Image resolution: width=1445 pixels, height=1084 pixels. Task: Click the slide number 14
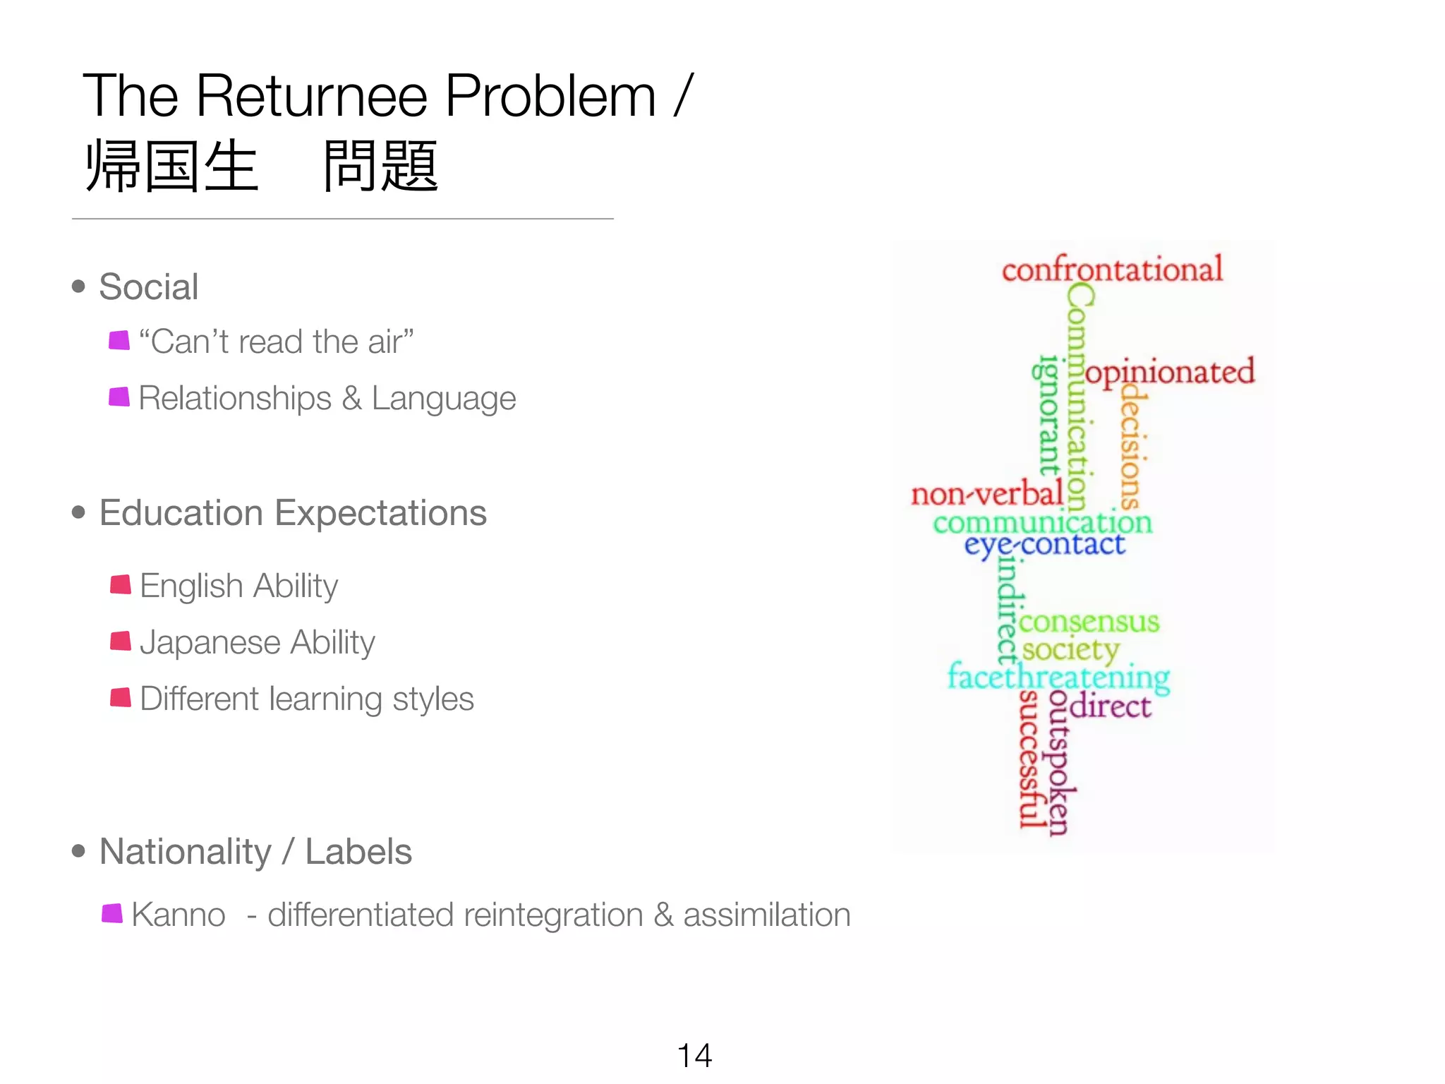(x=694, y=1056)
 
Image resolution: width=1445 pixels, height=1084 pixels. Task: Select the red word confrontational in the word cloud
(x=1112, y=269)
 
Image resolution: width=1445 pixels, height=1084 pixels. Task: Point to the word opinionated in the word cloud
(x=1170, y=372)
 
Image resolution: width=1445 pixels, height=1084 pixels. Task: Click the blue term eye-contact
(x=1044, y=545)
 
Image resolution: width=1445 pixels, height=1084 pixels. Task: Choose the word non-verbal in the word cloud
(x=986, y=493)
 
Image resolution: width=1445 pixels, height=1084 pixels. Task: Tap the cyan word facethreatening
(x=1058, y=677)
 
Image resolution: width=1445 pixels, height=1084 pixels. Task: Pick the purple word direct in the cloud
(x=1110, y=706)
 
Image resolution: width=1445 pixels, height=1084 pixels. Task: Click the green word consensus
(x=1089, y=622)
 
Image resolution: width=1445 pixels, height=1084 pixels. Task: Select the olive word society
(x=1070, y=650)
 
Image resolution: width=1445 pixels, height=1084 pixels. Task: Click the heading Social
(x=148, y=287)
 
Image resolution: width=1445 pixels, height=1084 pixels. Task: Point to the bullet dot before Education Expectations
(x=78, y=512)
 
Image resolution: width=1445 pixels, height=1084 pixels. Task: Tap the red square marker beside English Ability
(x=121, y=584)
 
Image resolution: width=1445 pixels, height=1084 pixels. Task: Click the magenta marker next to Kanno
(x=112, y=913)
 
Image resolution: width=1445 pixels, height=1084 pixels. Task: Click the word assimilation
(x=766, y=915)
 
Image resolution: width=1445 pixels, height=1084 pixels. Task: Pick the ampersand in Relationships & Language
(x=351, y=398)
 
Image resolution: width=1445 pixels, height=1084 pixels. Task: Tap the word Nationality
(x=185, y=851)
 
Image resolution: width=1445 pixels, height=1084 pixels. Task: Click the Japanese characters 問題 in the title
(x=381, y=167)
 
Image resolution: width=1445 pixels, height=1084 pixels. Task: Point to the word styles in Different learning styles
(x=433, y=699)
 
